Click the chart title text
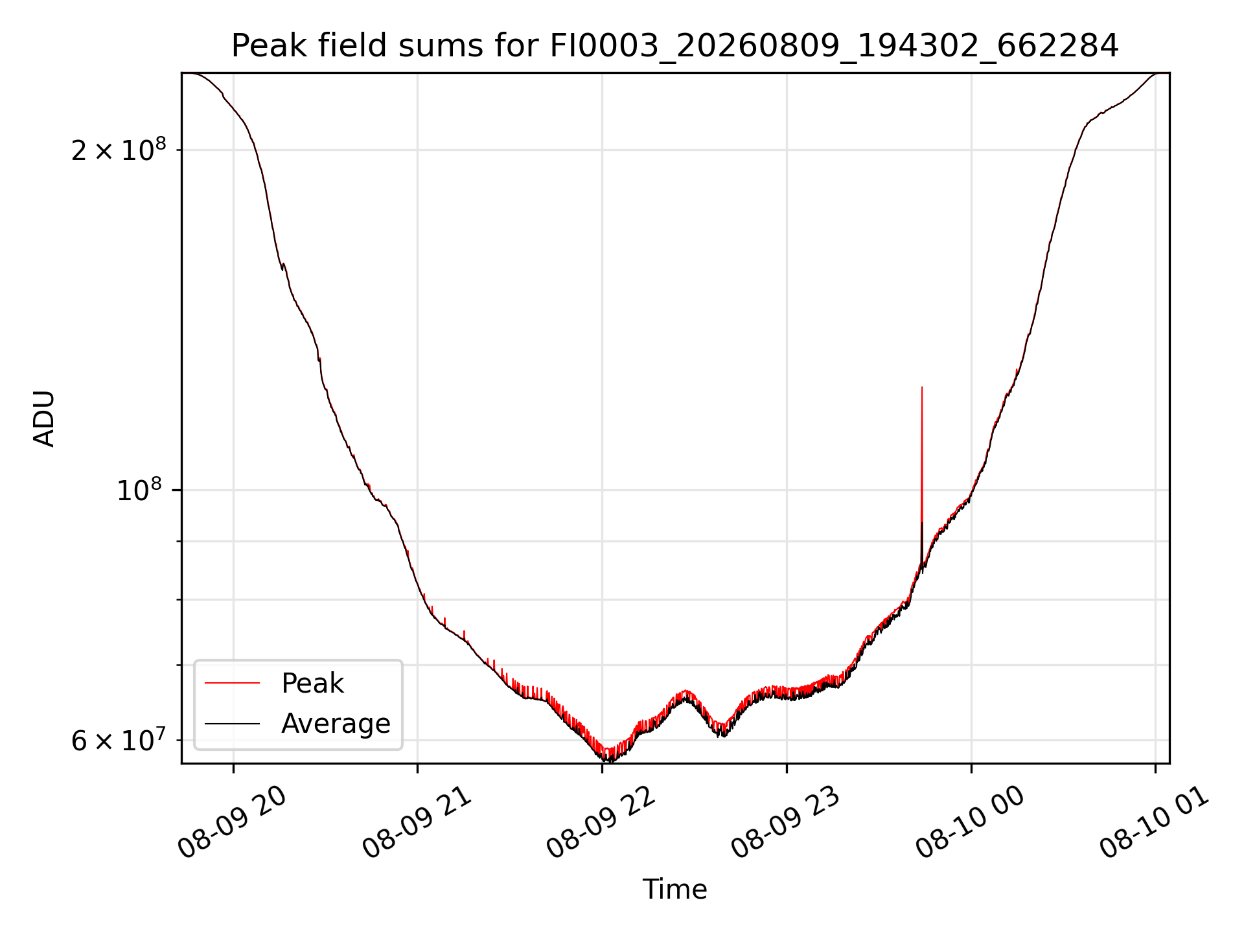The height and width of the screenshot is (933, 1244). (x=675, y=46)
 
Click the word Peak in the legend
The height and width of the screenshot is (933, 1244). (x=312, y=684)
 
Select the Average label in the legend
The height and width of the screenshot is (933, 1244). (x=336, y=724)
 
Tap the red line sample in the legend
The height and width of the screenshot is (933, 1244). (x=232, y=684)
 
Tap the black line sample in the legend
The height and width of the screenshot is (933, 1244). (x=232, y=724)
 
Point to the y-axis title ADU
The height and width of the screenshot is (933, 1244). (x=44, y=419)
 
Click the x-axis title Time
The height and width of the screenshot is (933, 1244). (x=674, y=890)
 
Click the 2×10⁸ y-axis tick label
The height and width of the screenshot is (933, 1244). (x=119, y=150)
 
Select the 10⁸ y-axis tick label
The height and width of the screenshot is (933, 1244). (x=141, y=490)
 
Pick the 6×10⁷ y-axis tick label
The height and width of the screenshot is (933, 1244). (x=119, y=739)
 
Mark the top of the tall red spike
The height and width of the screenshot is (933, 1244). (x=922, y=387)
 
